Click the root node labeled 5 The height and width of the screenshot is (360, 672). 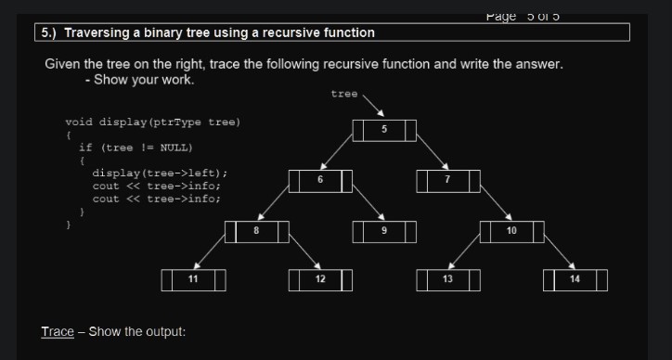pos(384,130)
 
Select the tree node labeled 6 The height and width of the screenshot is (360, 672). pos(320,180)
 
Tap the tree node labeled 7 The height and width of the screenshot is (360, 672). pos(447,180)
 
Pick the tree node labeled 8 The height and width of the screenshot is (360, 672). pos(256,230)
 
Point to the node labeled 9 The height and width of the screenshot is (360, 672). pos(384,230)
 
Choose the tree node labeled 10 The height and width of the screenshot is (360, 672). pos(511,230)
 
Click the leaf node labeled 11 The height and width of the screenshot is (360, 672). pos(193,279)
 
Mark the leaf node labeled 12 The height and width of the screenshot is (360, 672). pos(320,279)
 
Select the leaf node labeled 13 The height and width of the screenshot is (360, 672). pos(447,279)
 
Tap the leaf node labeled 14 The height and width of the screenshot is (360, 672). pos(575,279)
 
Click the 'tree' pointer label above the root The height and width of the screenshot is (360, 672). pos(343,94)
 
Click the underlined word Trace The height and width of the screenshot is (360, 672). pos(58,332)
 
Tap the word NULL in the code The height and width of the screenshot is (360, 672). pos(175,147)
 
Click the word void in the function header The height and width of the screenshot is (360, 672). pos(79,122)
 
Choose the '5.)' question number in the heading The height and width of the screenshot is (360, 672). pos(49,32)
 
